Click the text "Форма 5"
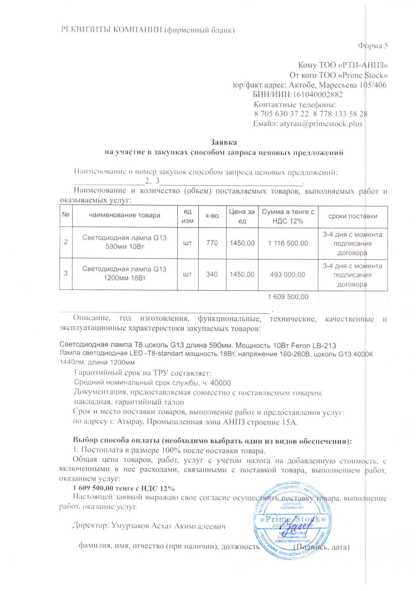tap(373, 46)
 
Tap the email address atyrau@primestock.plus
tap(321, 124)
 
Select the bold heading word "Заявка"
tap(223, 142)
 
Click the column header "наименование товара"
tap(124, 215)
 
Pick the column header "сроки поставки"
tap(353, 216)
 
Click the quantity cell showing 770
tap(212, 243)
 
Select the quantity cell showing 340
tap(212, 274)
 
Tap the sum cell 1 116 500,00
tap(288, 243)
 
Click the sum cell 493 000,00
tap(288, 274)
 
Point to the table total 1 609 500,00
tap(288, 297)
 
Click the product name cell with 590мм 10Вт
tap(124, 242)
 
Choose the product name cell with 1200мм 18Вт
tap(124, 274)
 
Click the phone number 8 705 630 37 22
tap(281, 114)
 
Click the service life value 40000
tap(220, 383)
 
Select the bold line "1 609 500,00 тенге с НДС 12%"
tap(123, 488)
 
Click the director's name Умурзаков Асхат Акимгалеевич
tap(168, 526)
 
